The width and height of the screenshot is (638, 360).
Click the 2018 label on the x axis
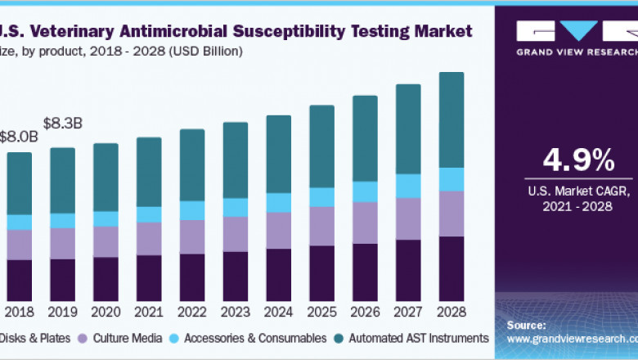[20, 312]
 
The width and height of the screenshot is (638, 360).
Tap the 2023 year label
[235, 312]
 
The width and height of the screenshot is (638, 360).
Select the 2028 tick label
[451, 312]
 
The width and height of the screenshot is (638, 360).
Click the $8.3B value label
[64, 124]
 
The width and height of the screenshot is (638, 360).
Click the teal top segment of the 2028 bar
[451, 119]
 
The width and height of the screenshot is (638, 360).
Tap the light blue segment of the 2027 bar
[408, 186]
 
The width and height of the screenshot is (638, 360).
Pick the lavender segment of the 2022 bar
[192, 237]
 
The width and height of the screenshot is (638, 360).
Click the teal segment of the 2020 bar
[106, 178]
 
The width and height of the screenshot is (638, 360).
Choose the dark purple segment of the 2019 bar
[62, 280]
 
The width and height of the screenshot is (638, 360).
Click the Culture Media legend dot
[83, 338]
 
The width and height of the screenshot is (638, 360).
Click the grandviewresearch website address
[572, 338]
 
